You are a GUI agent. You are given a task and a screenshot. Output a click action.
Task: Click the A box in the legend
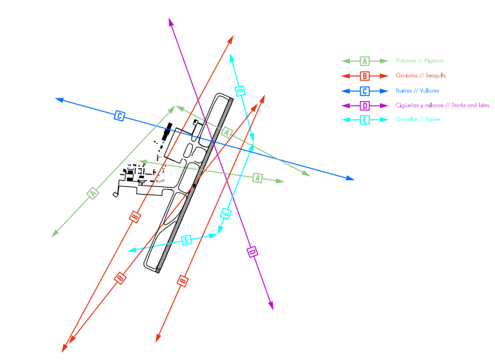pos(365,61)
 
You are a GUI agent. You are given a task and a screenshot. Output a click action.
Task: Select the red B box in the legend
pos(365,75)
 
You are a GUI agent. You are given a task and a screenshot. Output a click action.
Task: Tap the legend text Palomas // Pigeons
pos(419,61)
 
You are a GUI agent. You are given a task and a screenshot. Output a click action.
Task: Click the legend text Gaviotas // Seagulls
pos(420,75)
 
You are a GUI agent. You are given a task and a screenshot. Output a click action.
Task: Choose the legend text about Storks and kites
pos(442,105)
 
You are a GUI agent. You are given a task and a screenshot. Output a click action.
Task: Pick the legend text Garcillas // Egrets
pos(418,120)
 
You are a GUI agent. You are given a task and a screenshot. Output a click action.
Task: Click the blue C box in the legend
pos(365,91)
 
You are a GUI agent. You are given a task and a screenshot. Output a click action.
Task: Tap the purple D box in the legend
pos(365,105)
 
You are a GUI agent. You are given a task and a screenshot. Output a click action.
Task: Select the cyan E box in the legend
pos(365,120)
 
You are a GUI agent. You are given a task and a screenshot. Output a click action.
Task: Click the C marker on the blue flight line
pos(119,116)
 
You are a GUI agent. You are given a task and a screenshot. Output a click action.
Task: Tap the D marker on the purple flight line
pos(253,252)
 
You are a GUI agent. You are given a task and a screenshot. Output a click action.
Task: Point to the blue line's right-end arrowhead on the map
pos(351,179)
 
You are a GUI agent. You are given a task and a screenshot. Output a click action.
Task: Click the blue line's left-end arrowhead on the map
pos(59,100)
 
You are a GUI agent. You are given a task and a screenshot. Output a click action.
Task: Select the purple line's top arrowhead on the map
pos(171,22)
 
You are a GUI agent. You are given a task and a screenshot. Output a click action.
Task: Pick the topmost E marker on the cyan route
pos(241,91)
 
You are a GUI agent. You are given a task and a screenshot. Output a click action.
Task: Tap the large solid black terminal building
pos(166,133)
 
